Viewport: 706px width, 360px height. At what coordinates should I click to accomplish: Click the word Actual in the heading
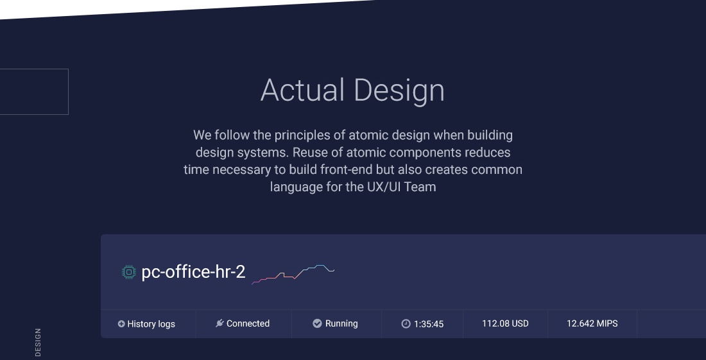[x=302, y=90]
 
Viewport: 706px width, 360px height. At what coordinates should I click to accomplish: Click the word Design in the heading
[x=399, y=92]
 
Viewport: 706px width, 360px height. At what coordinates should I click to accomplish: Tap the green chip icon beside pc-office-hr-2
[x=129, y=272]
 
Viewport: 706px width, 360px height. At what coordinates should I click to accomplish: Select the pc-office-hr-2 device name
[x=193, y=272]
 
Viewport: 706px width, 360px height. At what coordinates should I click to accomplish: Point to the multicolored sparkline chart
[x=293, y=275]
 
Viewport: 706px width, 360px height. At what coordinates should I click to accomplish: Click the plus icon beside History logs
[x=121, y=323]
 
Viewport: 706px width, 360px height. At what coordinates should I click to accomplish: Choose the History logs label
[x=151, y=324]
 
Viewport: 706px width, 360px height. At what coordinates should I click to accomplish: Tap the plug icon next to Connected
[x=220, y=323]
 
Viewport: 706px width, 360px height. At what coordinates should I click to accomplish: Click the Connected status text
[x=248, y=323]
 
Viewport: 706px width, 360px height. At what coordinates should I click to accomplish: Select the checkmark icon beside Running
[x=318, y=323]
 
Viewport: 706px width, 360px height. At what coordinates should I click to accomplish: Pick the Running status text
[x=341, y=323]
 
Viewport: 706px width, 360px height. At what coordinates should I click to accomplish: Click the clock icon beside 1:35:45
[x=406, y=324]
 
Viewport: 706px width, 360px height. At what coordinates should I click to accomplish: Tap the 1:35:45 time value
[x=429, y=324]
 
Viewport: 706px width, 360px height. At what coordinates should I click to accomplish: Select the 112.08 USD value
[x=505, y=323]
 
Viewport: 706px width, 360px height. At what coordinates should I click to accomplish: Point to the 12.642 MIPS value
[x=592, y=323]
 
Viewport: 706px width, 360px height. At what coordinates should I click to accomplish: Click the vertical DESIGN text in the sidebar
[x=38, y=343]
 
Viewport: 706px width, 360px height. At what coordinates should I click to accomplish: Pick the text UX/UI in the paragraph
[x=384, y=187]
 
